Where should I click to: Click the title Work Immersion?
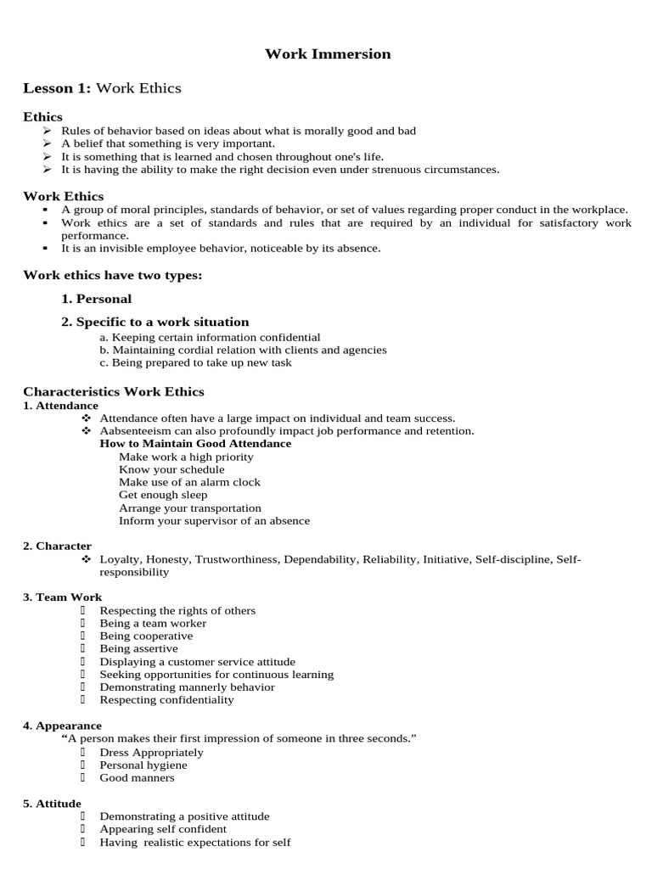pyautogui.click(x=328, y=54)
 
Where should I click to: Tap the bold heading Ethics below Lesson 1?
pyautogui.click(x=42, y=116)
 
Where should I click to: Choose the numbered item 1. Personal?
pyautogui.click(x=96, y=299)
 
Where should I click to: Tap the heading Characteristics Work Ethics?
pyautogui.click(x=114, y=391)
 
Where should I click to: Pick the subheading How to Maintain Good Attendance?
pyautogui.click(x=195, y=444)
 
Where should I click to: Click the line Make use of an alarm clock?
pyautogui.click(x=189, y=482)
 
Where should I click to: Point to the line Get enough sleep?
pyautogui.click(x=163, y=495)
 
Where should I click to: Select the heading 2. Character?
pyautogui.click(x=57, y=547)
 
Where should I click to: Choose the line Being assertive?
pyautogui.click(x=138, y=649)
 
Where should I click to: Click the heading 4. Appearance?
pyautogui.click(x=62, y=726)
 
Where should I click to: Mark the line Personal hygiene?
pyautogui.click(x=143, y=765)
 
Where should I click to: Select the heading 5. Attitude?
pyautogui.click(x=52, y=804)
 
